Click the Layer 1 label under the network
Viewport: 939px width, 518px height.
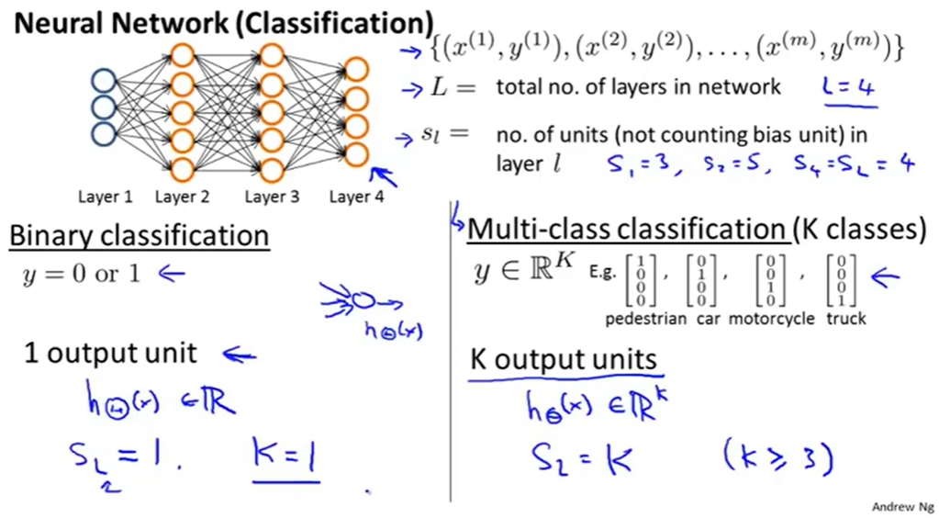point(105,197)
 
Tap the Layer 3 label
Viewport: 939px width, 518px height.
point(273,197)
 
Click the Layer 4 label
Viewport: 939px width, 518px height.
point(356,197)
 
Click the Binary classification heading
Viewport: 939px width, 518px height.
point(139,236)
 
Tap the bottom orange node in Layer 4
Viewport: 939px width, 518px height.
point(357,153)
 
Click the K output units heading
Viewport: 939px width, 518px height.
point(564,359)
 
